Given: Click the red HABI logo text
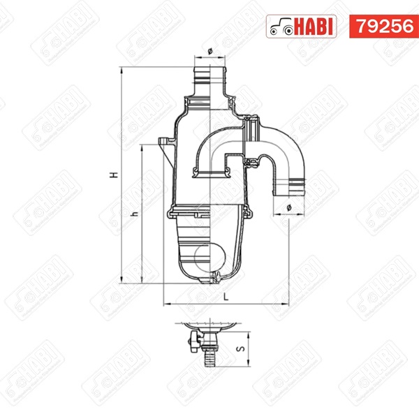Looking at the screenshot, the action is tap(314, 27).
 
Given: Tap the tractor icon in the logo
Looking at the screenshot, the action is tap(281, 27).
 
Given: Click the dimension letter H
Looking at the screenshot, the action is tap(115, 175).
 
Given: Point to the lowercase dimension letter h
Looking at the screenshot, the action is tap(135, 214).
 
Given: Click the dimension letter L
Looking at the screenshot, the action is tap(226, 296).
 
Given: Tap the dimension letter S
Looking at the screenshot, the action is tap(242, 348).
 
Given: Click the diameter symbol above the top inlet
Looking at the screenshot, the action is tap(209, 51).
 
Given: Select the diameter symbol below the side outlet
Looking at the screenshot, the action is tap(288, 208).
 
